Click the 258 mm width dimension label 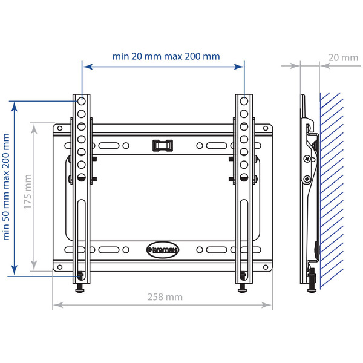click(x=164, y=297)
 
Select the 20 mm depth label click(x=343, y=58)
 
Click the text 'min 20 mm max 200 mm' click(x=166, y=56)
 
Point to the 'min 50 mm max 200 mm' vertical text click(x=7, y=188)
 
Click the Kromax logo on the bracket click(x=162, y=248)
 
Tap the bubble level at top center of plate click(x=162, y=145)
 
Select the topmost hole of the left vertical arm click(x=80, y=101)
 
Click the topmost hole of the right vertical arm click(x=243, y=101)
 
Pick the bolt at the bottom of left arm click(x=80, y=284)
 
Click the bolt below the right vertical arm click(x=243, y=284)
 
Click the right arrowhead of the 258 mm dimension click(x=270, y=307)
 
